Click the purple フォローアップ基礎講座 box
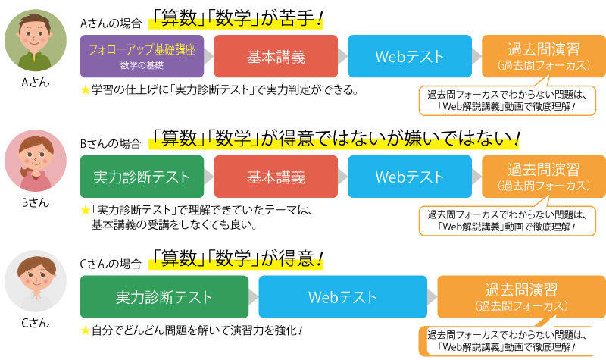click(142, 56)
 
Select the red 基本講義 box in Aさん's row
click(276, 56)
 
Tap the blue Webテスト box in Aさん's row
click(410, 56)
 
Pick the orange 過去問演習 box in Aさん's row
click(544, 56)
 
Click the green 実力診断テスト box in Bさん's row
click(142, 177)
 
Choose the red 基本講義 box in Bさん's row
click(276, 177)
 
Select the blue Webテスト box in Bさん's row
click(410, 177)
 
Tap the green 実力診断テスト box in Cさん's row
click(164, 297)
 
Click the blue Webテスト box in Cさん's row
click(343, 297)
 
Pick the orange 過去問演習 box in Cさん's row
click(521, 297)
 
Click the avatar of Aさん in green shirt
click(36, 41)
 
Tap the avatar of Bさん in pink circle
click(36, 161)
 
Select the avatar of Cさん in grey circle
click(36, 281)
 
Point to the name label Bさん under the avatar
click(36, 202)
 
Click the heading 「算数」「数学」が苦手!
click(236, 18)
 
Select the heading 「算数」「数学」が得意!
click(236, 258)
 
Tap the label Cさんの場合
click(111, 264)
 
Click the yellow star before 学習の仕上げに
click(86, 90)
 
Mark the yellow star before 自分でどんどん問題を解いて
click(86, 330)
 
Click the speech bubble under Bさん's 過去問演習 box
click(508, 221)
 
